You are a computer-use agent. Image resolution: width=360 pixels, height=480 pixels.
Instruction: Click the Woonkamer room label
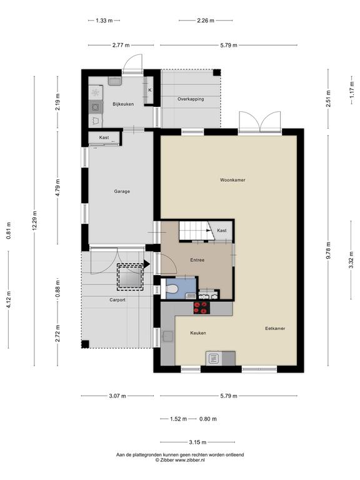(232, 180)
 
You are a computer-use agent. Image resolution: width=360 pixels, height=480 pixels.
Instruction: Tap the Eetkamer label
(275, 329)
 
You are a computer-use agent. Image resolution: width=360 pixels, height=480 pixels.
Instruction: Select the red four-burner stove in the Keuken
(202, 308)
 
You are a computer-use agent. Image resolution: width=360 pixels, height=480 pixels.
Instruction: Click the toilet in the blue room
(171, 289)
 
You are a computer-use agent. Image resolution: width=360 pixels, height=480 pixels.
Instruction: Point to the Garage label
(122, 191)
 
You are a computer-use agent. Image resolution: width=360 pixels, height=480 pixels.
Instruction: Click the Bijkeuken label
(123, 104)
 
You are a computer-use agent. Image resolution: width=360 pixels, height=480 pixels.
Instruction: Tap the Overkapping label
(191, 99)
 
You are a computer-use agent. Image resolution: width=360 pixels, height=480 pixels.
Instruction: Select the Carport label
(117, 300)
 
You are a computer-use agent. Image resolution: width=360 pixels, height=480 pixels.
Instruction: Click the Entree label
(197, 260)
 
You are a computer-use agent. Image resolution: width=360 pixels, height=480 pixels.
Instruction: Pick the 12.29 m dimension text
(34, 221)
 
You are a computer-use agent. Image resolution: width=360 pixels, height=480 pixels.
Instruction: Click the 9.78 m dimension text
(329, 251)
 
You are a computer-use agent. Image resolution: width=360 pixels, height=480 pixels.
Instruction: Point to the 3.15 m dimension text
(197, 442)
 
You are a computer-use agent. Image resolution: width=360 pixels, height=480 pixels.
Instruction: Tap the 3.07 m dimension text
(117, 396)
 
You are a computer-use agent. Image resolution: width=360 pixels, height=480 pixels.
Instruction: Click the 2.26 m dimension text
(206, 21)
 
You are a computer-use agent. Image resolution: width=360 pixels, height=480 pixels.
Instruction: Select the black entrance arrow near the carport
(147, 264)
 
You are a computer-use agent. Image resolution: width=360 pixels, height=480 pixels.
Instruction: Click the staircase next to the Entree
(196, 231)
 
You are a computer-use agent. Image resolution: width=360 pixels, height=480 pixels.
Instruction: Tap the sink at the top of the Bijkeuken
(115, 81)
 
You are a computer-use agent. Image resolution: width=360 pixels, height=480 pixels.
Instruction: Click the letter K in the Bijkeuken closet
(150, 90)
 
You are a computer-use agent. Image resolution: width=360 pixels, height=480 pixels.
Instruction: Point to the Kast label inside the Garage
(104, 137)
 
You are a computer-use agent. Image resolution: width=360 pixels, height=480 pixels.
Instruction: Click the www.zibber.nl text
(190, 460)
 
